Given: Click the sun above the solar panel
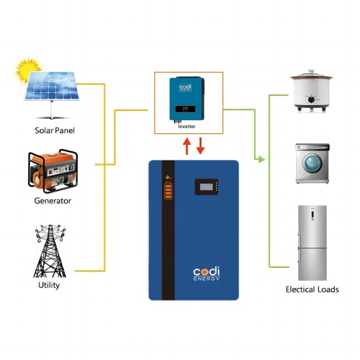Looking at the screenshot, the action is click(x=27, y=70).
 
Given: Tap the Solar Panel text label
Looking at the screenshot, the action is click(x=55, y=130).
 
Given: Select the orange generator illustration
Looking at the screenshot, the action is click(x=53, y=171).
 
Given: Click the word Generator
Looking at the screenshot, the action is click(x=53, y=201).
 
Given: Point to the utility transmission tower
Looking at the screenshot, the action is click(x=50, y=251).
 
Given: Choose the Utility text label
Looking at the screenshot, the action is click(x=49, y=285).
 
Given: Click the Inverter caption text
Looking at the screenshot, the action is click(x=186, y=127).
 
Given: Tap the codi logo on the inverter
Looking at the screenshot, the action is click(x=186, y=88).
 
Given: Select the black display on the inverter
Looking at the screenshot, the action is click(x=185, y=109).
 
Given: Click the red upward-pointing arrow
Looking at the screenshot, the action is click(x=186, y=146).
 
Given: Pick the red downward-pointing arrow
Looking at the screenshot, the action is click(x=200, y=146).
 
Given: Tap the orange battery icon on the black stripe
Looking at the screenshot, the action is click(x=168, y=191).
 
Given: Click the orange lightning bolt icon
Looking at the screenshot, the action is click(x=168, y=177).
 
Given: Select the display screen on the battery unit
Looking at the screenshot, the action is click(x=207, y=186).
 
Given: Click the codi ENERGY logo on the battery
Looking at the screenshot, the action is click(x=207, y=274).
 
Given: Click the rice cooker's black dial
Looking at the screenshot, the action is click(x=311, y=99).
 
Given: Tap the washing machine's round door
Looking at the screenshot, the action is click(x=312, y=163).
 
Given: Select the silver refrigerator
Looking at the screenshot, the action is click(x=312, y=243).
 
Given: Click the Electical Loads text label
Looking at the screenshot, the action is click(x=312, y=289).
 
